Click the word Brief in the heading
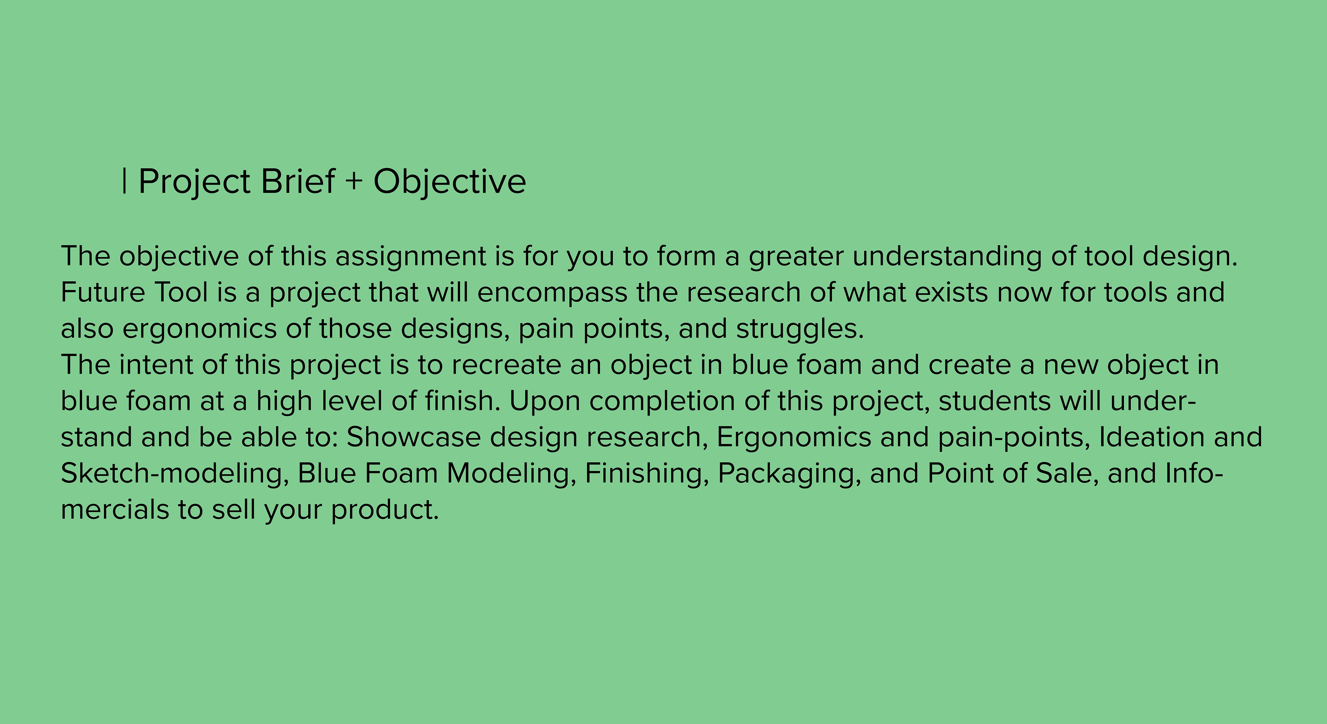point(298,181)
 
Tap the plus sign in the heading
point(354,181)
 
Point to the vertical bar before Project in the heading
point(125,181)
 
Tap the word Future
point(103,292)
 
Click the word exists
point(951,292)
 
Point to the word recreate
point(506,365)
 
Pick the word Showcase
point(414,437)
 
